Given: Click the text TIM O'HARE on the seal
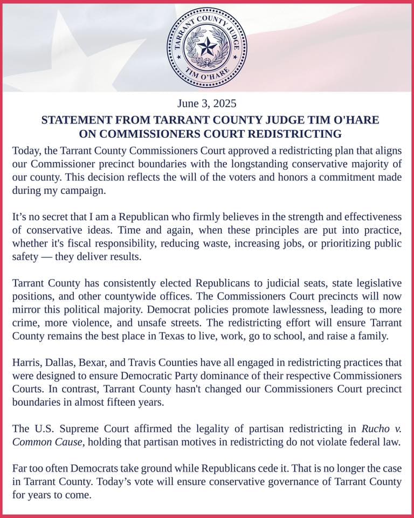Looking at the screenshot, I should [208, 76].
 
